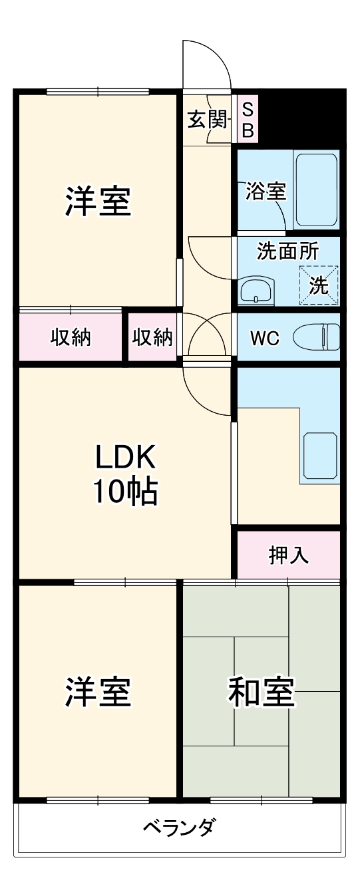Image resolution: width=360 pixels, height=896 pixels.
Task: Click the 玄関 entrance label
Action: (207, 120)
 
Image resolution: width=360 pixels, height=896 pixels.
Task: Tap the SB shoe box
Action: (247, 120)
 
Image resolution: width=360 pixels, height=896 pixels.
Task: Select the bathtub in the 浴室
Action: (317, 190)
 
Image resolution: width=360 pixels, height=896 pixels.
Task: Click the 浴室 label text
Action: (266, 191)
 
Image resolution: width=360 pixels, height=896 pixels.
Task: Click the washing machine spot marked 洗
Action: (319, 285)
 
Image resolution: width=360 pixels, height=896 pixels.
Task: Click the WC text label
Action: (265, 338)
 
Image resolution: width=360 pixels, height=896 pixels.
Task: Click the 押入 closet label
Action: (288, 555)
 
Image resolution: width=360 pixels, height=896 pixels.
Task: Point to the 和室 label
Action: (261, 692)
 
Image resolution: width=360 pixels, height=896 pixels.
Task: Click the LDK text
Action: (124, 457)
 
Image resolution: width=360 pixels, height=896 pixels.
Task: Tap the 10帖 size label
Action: (124, 492)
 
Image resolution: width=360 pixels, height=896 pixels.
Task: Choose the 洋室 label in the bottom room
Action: (98, 692)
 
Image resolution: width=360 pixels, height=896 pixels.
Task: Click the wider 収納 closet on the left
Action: (71, 338)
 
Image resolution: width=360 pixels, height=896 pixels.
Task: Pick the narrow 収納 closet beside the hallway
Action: (152, 338)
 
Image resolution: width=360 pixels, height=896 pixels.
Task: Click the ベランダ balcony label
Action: (179, 828)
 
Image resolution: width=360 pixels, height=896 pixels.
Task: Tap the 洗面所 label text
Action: (287, 251)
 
